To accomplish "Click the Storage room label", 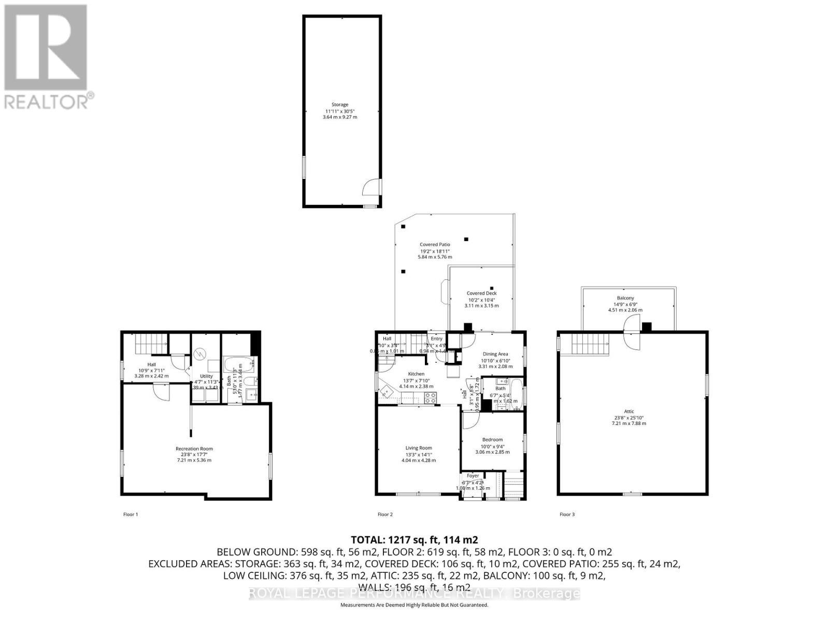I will coord(340,105).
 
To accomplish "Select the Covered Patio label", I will coord(435,244).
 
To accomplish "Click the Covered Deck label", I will coord(481,293).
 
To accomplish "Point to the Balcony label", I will coord(625,298).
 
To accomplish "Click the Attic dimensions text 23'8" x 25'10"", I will coord(628,418).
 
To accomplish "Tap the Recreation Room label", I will coord(194,449).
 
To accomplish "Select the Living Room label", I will coord(418,448).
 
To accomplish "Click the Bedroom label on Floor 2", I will coord(492,440).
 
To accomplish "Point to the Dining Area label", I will coord(495,354).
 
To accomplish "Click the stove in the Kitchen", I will coord(431,398).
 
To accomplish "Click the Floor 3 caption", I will coord(567,514).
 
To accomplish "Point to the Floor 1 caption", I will coord(131,514).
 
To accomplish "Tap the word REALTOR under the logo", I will coord(47,101).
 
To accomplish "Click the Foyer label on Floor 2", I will coord(473,476).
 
